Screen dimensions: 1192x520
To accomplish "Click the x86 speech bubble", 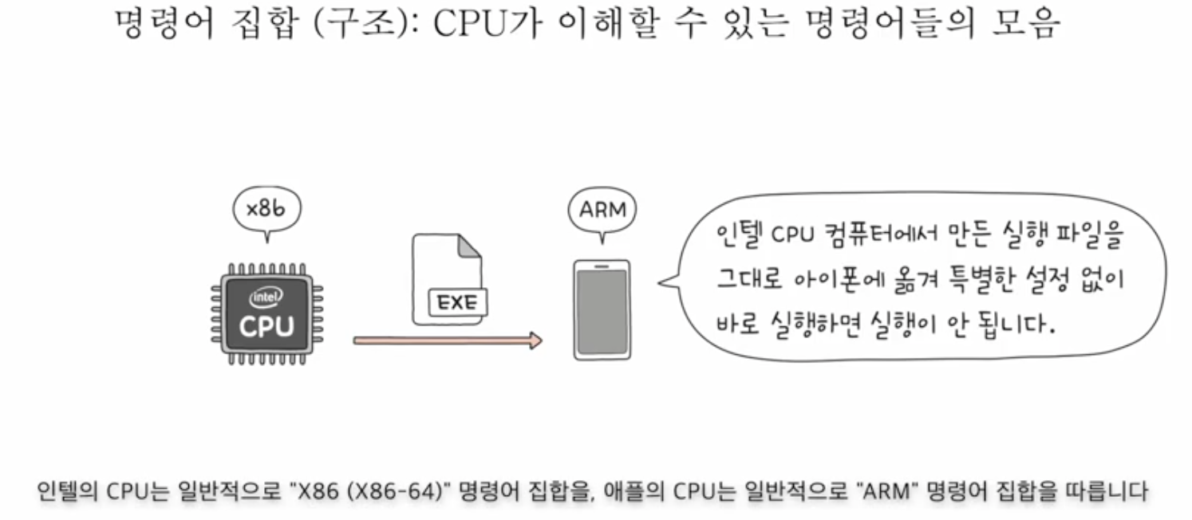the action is pos(267,210).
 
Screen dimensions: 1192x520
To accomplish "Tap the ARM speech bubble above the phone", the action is pos(602,211).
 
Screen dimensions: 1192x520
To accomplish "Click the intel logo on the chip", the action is pos(266,297).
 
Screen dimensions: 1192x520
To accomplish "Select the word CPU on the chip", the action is pos(266,325).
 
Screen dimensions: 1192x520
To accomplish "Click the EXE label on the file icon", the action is pos(456,304).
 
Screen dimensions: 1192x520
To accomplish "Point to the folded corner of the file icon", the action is pos(471,245).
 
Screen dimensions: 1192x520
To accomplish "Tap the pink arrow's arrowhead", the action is pos(535,341).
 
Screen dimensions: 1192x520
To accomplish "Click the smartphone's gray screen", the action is pos(602,311).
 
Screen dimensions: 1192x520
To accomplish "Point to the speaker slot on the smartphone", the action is pos(602,266).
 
